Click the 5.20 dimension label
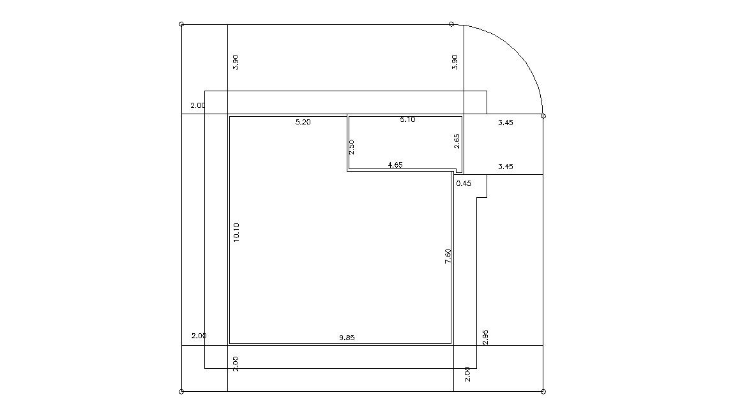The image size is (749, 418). pyautogui.click(x=303, y=122)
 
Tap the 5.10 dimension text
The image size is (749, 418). pyautogui.click(x=407, y=119)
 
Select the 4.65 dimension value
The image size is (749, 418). pyautogui.click(x=395, y=165)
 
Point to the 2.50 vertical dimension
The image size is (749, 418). pyautogui.click(x=352, y=147)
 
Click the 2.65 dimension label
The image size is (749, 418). pyautogui.click(x=456, y=141)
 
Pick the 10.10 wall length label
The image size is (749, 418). pyautogui.click(x=236, y=232)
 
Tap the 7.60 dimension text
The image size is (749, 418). pyautogui.click(x=448, y=257)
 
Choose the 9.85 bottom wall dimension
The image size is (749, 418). pyautogui.click(x=347, y=338)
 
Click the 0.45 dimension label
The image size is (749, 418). pyautogui.click(x=464, y=183)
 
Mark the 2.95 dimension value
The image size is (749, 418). pyautogui.click(x=485, y=337)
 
